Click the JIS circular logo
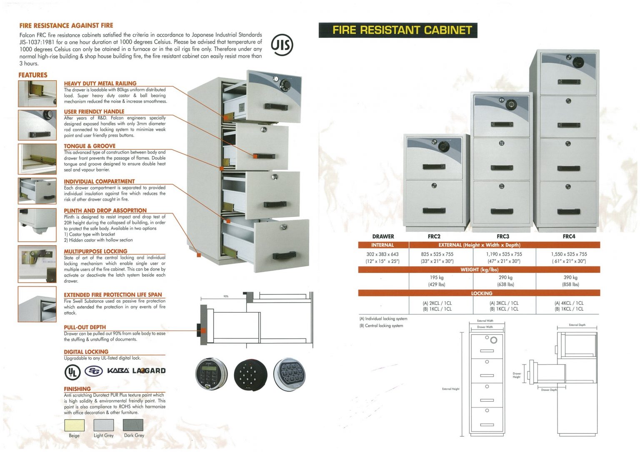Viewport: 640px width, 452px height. pos(282,45)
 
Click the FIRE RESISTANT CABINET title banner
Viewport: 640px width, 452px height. pos(398,30)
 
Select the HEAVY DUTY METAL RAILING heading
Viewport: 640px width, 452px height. pos(100,83)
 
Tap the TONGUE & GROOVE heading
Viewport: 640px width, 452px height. pos(90,146)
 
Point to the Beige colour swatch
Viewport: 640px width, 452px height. pos(74,425)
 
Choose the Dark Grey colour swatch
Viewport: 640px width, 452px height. pos(133,425)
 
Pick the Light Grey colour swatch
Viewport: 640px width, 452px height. pos(103,425)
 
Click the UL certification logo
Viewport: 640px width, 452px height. pos(72,371)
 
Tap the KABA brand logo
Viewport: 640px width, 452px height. pos(118,371)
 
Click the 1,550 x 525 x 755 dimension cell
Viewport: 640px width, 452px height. pos(569,254)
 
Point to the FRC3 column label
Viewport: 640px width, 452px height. pos(503,236)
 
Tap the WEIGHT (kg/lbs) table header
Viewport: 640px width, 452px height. pos(479,270)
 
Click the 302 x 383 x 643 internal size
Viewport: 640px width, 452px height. pos(382,254)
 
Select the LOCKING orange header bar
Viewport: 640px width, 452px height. pos(479,293)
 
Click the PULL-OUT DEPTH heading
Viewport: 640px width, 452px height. pos(85,328)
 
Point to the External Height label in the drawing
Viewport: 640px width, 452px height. pos(450,389)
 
